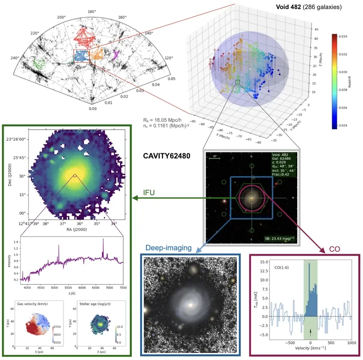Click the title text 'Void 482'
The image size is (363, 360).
point(289,7)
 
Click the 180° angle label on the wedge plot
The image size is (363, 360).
point(92,11)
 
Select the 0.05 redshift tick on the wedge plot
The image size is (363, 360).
point(172,79)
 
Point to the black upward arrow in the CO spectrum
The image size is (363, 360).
point(310,334)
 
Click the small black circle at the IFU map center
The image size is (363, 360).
point(75,176)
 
